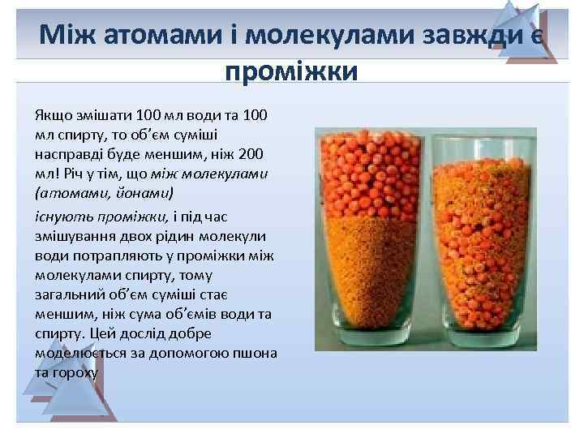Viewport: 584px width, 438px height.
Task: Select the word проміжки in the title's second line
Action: [291, 71]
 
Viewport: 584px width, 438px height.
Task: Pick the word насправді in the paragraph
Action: [67, 154]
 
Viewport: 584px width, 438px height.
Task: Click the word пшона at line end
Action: [256, 354]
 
